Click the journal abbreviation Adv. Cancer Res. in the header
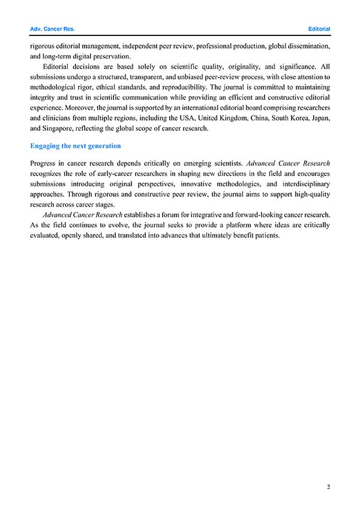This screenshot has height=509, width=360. point(52,29)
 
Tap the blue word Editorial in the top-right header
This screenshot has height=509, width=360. point(319,29)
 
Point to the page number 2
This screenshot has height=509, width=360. point(328,486)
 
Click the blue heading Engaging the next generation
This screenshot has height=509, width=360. point(75,146)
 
